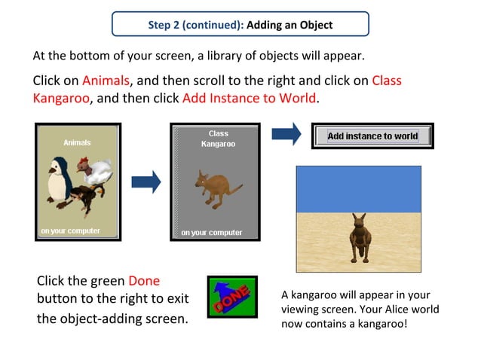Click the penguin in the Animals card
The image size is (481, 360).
58,182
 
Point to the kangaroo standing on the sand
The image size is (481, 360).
358,236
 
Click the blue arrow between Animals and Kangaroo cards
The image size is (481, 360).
147,182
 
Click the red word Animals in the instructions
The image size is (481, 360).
106,81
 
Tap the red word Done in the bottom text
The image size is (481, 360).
144,281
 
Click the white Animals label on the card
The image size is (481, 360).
77,142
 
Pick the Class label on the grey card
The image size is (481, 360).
219,133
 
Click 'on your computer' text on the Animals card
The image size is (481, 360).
70,231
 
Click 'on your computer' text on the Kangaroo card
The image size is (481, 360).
212,233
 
